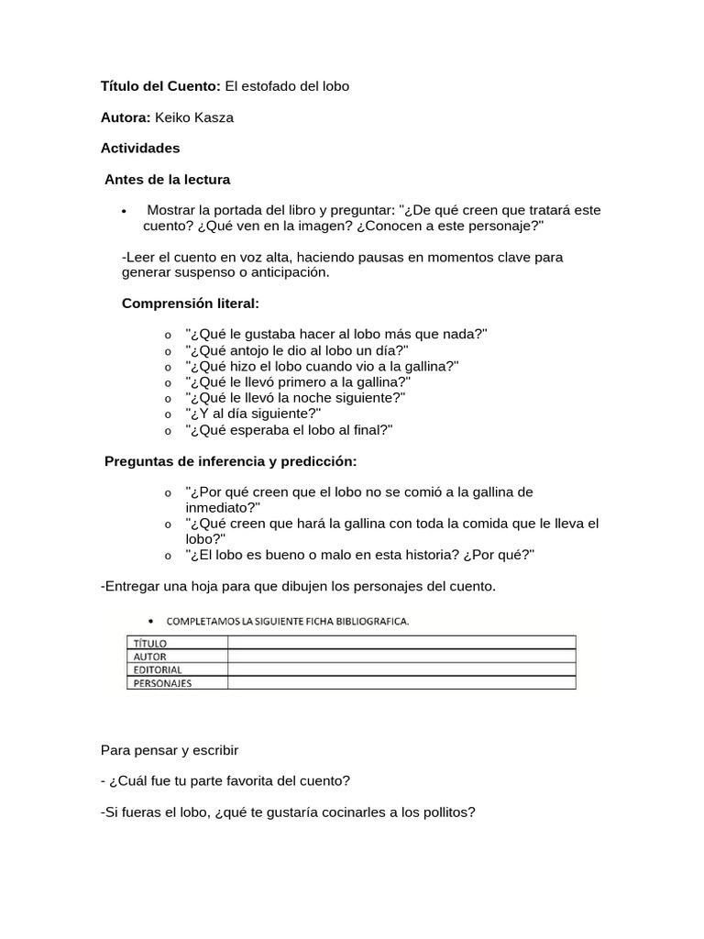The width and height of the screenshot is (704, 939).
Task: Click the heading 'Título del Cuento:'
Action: [160, 86]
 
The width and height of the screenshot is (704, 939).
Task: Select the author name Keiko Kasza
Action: [194, 117]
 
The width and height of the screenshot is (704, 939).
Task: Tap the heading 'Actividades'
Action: [140, 148]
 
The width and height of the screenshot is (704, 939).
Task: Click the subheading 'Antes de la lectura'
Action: [167, 179]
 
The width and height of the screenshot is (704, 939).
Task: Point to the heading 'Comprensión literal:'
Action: [191, 304]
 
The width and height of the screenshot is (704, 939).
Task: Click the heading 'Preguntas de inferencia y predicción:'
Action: [230, 460]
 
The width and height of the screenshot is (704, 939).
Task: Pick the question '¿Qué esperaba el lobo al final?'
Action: [289, 429]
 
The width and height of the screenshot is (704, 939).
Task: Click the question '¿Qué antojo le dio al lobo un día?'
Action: [297, 350]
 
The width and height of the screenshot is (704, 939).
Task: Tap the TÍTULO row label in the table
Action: [151, 644]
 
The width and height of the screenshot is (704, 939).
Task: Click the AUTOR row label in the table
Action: [150, 657]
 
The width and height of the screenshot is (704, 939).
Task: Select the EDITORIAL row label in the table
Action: [158, 669]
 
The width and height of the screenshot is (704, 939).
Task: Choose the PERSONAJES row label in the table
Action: [163, 682]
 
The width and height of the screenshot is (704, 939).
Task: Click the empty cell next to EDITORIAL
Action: [401, 669]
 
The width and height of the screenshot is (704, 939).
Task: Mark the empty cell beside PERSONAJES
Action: [401, 682]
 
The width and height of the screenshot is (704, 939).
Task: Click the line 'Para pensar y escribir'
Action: [170, 750]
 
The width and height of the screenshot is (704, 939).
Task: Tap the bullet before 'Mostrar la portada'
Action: [124, 211]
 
